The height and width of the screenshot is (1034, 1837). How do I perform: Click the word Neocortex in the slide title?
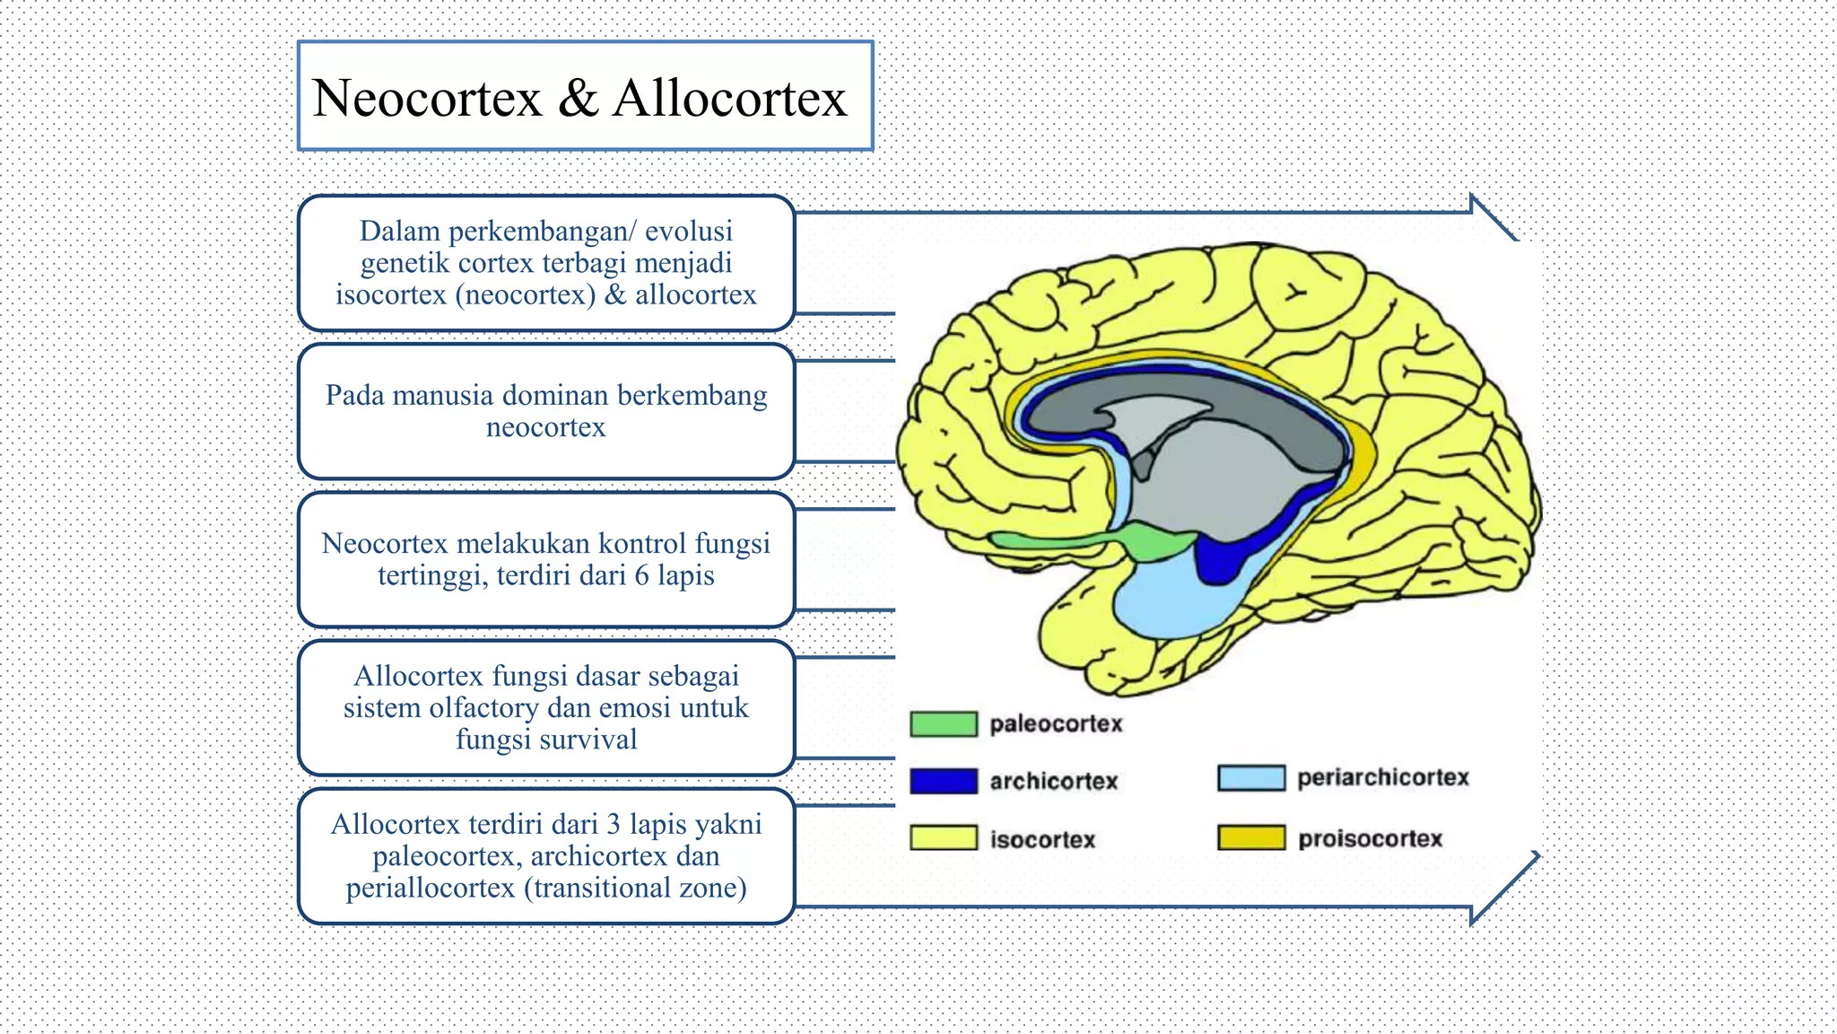[427, 98]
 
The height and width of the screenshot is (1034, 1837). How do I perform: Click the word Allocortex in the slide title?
[729, 98]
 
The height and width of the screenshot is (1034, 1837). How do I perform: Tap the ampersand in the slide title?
[578, 98]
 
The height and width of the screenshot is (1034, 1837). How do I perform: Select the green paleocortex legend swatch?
[943, 724]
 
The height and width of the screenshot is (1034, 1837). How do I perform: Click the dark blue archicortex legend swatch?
[943, 781]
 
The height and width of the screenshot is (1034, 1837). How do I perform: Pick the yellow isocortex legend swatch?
[943, 838]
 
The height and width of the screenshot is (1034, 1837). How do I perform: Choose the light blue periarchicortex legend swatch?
[1250, 778]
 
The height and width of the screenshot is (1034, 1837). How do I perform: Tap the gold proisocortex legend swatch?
[1250, 838]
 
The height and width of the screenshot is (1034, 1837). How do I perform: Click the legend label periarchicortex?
[1382, 778]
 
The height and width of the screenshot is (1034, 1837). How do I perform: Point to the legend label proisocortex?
[1370, 839]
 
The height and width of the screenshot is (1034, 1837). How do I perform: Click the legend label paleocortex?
[1056, 724]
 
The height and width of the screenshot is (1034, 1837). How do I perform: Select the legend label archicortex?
[1053, 782]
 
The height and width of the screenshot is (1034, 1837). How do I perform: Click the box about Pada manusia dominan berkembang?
[546, 411]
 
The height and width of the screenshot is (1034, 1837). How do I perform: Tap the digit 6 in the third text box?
[641, 575]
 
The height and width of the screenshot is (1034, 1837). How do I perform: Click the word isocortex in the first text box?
[390, 294]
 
